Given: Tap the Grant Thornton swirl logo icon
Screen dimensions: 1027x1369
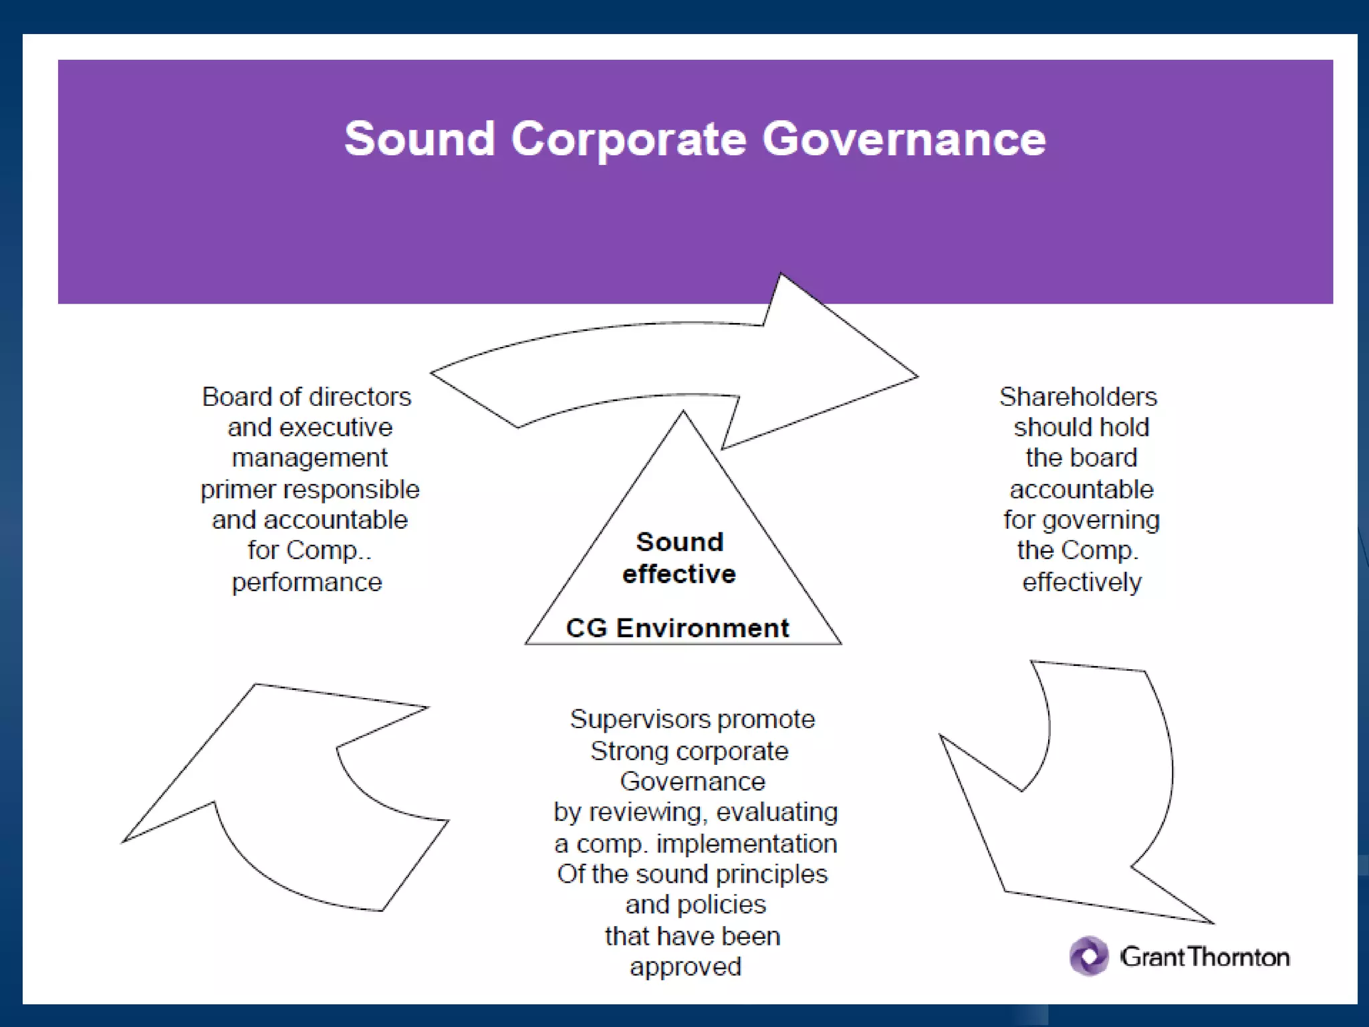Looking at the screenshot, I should pyautogui.click(x=1089, y=956).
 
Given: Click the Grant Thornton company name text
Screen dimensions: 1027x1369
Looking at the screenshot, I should pyautogui.click(x=1205, y=957).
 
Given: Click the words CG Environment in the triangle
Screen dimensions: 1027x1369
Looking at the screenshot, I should pyautogui.click(x=677, y=628).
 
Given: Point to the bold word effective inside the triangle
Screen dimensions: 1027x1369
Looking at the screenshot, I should pyautogui.click(x=679, y=574).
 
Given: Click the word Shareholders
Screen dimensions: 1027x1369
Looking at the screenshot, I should pyautogui.click(x=1078, y=396).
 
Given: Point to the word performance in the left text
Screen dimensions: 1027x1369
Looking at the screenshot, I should pyautogui.click(x=307, y=582).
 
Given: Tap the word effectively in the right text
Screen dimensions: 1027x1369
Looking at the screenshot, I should pyautogui.click(x=1082, y=582).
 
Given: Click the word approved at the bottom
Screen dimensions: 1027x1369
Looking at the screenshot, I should pyautogui.click(x=685, y=967).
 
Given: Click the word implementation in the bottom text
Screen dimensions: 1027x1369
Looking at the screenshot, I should pyautogui.click(x=747, y=844).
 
